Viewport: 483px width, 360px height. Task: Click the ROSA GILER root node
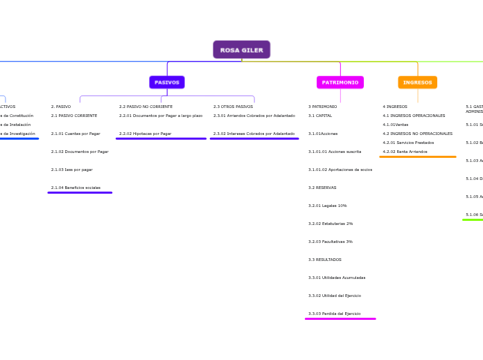[x=241, y=50]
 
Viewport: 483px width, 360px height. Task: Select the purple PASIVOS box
[x=167, y=82]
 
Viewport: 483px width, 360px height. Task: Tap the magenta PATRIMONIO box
[x=340, y=82]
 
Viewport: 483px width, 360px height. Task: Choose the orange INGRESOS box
[x=417, y=82]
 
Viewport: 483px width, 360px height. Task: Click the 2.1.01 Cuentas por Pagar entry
[x=76, y=134]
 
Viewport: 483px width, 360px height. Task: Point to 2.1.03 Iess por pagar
[x=71, y=170]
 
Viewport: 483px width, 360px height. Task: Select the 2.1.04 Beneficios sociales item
[x=76, y=188]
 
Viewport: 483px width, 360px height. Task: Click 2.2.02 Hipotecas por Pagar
[x=145, y=134]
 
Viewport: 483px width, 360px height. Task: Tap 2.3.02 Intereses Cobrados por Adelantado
[x=254, y=134]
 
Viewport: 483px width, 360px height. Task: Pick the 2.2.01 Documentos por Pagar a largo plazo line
[x=161, y=116]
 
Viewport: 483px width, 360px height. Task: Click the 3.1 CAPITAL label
[x=320, y=116]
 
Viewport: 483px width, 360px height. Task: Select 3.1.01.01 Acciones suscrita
[x=335, y=152]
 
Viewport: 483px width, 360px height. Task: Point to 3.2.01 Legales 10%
[x=328, y=206]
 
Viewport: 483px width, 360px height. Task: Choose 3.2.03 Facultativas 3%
[x=331, y=242]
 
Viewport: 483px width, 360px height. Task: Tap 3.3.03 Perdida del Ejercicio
[x=335, y=314]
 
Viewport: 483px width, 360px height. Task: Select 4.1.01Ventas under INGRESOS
[x=396, y=125]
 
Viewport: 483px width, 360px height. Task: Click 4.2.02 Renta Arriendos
[x=405, y=152]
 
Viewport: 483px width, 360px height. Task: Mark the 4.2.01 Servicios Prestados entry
[x=408, y=143]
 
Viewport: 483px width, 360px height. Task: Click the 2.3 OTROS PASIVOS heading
[x=233, y=107]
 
